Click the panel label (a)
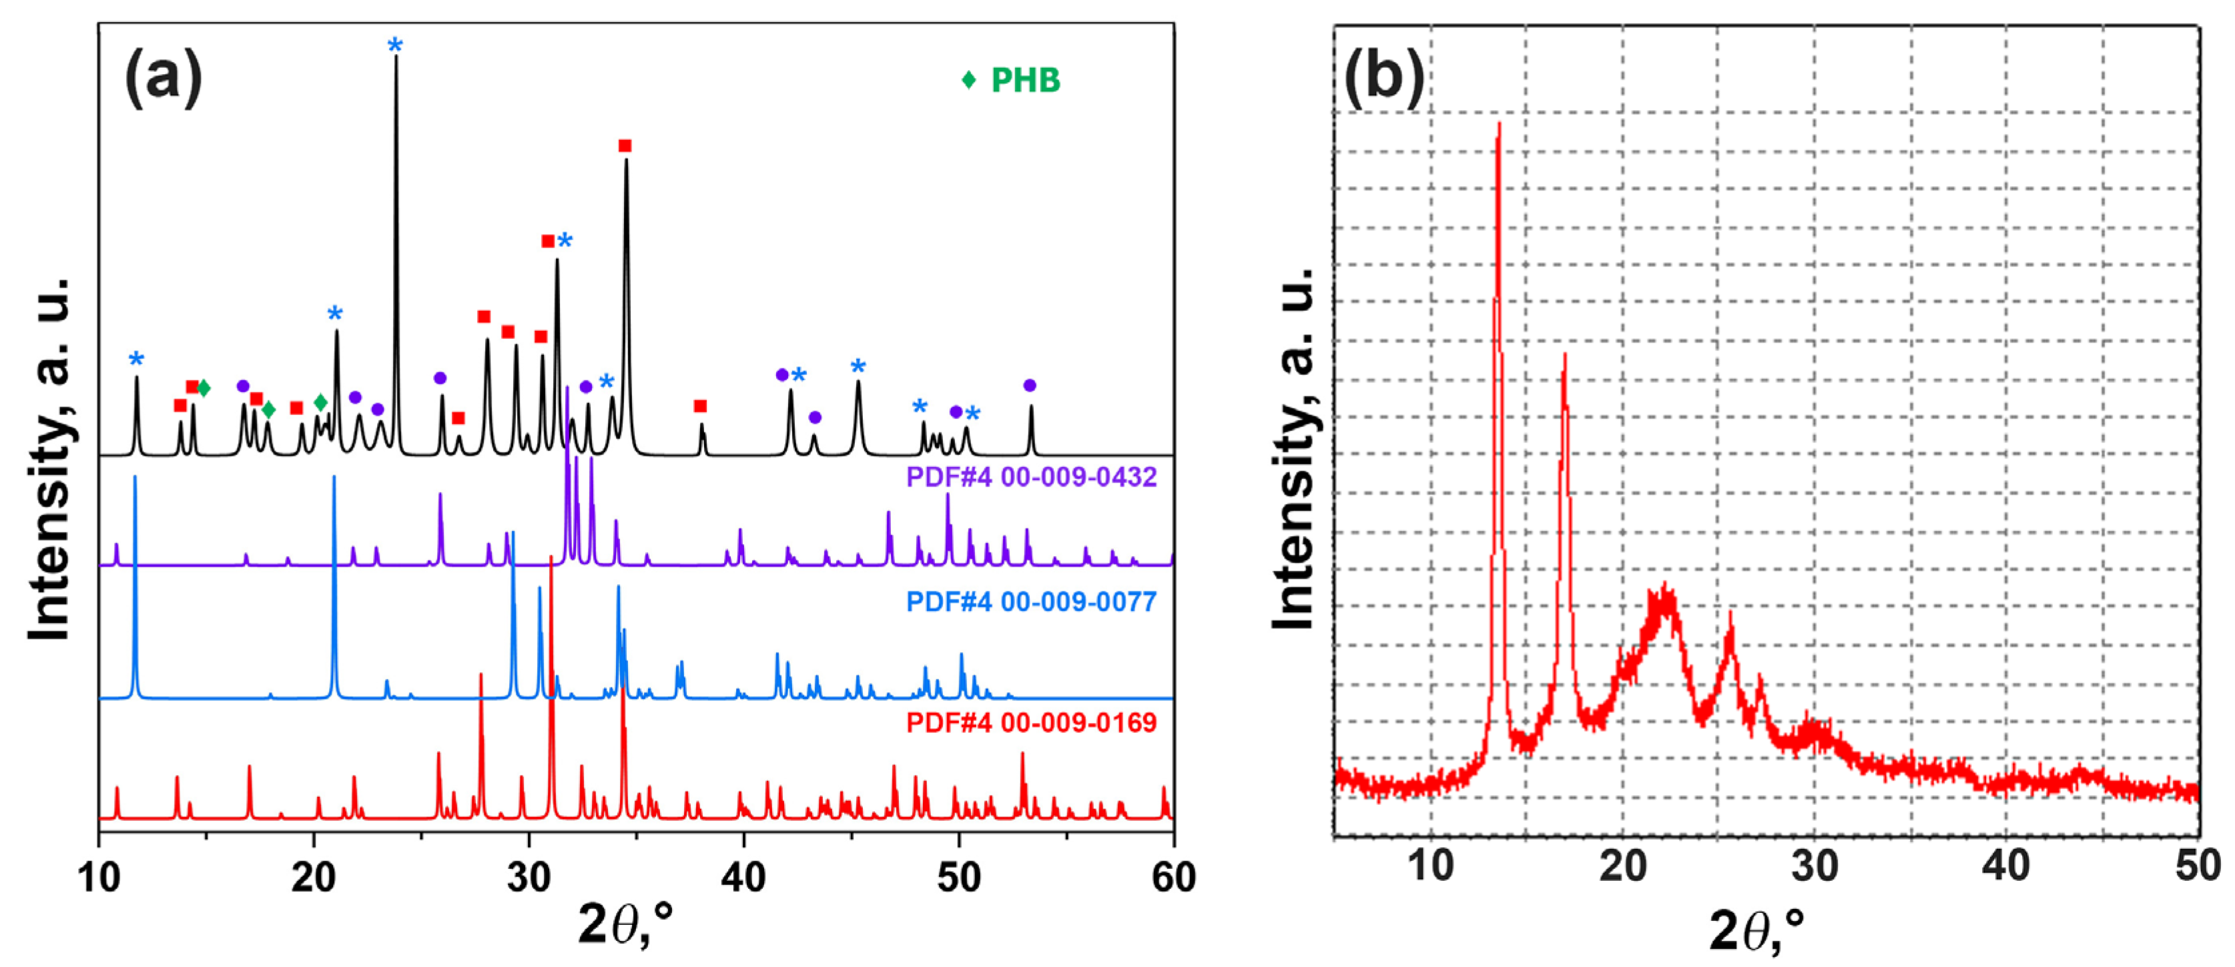click(164, 78)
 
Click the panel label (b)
click(1383, 78)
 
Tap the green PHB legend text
click(1026, 81)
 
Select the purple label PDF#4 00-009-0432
click(1030, 477)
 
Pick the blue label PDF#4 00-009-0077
click(1030, 602)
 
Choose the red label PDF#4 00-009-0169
click(1030, 723)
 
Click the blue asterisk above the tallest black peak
click(396, 45)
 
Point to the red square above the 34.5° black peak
click(625, 145)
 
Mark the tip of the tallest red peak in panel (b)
click(1498, 124)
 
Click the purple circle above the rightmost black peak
click(1030, 385)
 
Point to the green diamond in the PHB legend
click(969, 81)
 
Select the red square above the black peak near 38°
click(700, 406)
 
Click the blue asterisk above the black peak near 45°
click(858, 366)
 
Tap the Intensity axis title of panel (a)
click(50, 460)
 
